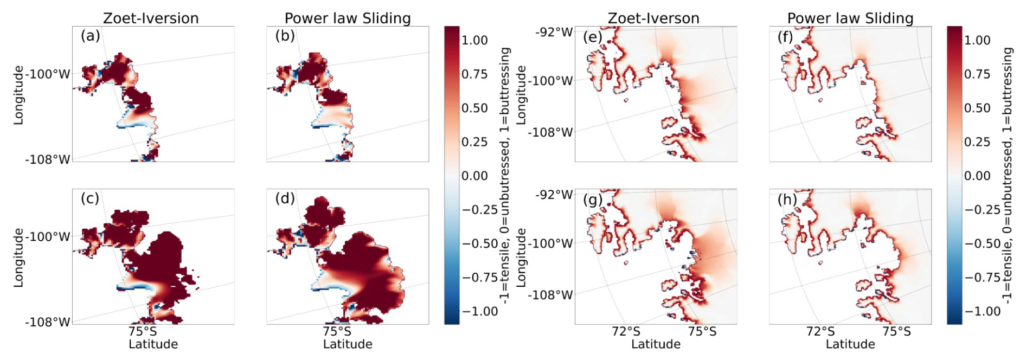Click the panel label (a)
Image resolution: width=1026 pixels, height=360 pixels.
[x=90, y=36]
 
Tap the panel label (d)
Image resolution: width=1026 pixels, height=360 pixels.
[x=285, y=198]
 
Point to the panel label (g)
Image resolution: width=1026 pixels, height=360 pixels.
[x=593, y=200]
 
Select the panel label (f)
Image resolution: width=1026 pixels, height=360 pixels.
[x=785, y=37]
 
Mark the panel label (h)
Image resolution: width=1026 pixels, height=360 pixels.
[x=787, y=200]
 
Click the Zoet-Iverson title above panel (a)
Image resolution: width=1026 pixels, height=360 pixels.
[x=151, y=18]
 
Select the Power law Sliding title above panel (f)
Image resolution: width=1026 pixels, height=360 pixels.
[x=850, y=18]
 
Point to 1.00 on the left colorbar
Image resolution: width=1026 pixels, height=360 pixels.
[x=474, y=40]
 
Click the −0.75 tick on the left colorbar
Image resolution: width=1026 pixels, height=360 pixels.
[x=479, y=278]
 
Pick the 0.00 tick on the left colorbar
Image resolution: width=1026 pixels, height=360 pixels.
[x=474, y=176]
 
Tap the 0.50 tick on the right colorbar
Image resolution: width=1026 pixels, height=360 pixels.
[x=977, y=108]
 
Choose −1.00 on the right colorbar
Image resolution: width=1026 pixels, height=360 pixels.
[x=982, y=311]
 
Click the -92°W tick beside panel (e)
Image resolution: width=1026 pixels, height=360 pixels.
[x=554, y=32]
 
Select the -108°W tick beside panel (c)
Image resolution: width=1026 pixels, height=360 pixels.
[x=48, y=322]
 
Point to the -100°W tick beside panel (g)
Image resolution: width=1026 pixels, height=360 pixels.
[x=550, y=243]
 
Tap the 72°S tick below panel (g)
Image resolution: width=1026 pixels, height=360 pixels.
[x=626, y=331]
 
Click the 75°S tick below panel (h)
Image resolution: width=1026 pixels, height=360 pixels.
[x=896, y=331]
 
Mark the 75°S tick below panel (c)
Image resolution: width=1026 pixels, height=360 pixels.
[x=143, y=331]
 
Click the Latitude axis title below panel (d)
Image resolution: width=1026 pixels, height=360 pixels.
[x=348, y=344]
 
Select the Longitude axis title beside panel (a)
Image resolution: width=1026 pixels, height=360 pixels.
[x=19, y=95]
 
